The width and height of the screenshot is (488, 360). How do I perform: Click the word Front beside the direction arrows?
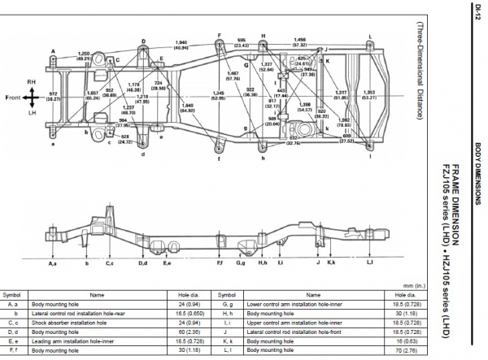[11, 98]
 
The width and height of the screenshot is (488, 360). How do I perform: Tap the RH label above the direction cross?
[30, 83]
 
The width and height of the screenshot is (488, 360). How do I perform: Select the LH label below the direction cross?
[30, 113]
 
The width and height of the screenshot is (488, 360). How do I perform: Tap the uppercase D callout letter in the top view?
[143, 41]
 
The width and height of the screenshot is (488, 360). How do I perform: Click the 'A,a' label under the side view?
[53, 264]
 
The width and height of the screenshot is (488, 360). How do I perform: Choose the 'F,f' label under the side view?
[220, 264]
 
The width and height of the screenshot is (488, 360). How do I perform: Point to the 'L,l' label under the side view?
[369, 264]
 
